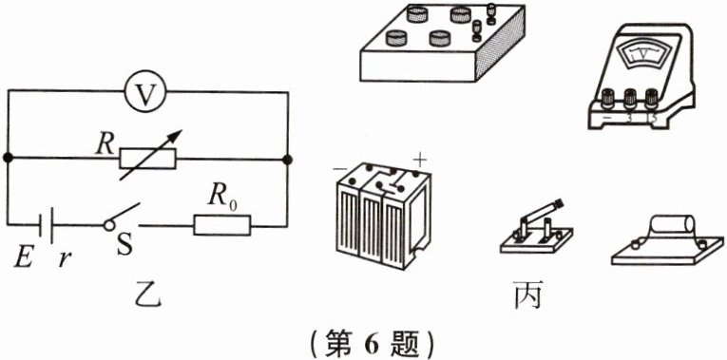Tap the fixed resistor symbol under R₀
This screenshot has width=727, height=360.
(x=221, y=225)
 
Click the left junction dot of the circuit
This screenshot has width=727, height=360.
(x=8, y=158)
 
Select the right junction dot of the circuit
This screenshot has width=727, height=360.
(x=287, y=158)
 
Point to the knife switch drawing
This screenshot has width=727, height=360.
(x=534, y=228)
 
